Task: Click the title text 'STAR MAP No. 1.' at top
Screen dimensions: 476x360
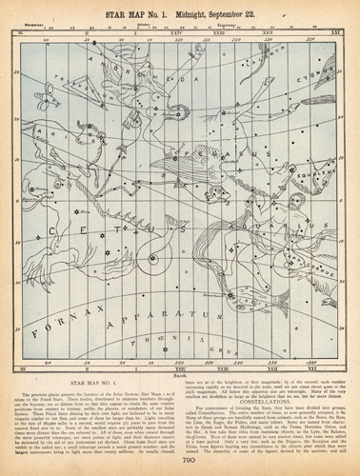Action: click(x=142, y=12)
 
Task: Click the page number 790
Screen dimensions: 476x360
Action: click(x=180, y=461)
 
